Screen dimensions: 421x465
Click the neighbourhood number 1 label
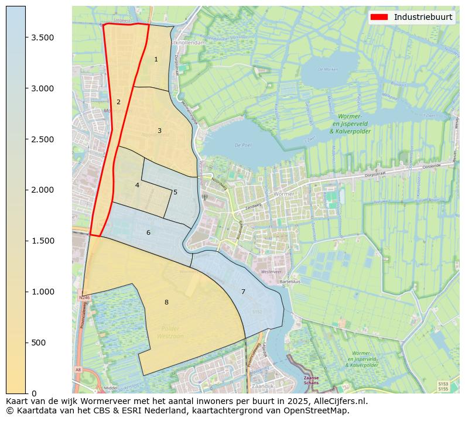[156, 60]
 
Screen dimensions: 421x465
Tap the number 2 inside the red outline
[118, 102]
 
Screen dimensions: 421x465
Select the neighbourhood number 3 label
[159, 131]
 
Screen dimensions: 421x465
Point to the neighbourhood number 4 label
[137, 185]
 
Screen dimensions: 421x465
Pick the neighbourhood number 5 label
[175, 192]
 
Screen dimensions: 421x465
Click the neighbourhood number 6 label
[148, 233]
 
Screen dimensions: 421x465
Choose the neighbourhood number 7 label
[243, 292]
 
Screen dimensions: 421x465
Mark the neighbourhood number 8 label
[166, 302]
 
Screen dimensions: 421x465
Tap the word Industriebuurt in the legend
[423, 17]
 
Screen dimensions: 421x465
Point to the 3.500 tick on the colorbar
[42, 37]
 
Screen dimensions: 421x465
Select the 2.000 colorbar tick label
[42, 190]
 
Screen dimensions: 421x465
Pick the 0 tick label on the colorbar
[34, 393]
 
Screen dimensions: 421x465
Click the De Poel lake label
[242, 145]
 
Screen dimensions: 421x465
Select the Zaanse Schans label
[316, 381]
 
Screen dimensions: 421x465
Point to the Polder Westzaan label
[170, 333]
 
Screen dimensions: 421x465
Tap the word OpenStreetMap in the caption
[317, 411]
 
